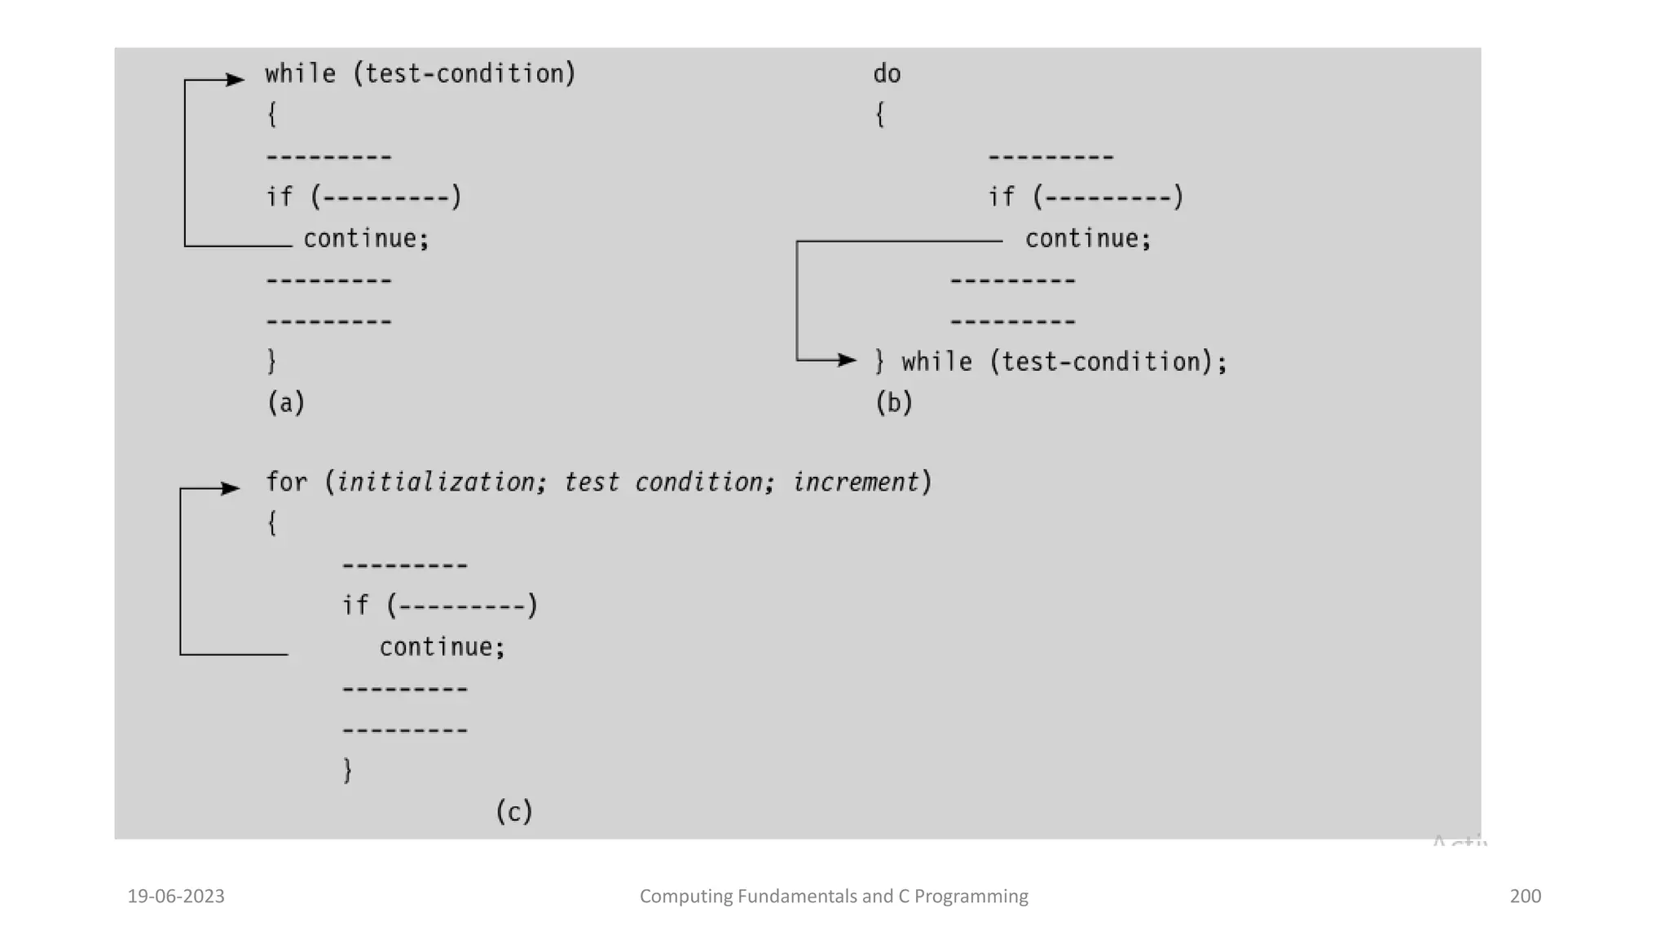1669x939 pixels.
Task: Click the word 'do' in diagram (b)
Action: tap(887, 74)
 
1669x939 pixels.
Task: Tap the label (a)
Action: tap(286, 403)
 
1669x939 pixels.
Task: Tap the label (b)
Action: tap(894, 403)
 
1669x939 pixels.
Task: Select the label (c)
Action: tap(514, 812)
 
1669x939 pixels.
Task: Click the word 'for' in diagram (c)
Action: tap(287, 483)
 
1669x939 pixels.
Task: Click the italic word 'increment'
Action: tap(856, 483)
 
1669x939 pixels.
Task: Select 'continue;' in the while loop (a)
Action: tap(366, 239)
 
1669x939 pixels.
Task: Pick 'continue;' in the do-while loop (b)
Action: tap(1088, 239)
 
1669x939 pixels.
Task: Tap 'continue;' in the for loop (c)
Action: tap(443, 647)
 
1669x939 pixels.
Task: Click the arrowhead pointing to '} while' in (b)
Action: tap(848, 359)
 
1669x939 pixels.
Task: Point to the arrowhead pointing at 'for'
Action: tap(231, 489)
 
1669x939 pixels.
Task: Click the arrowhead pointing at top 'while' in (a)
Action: tap(236, 80)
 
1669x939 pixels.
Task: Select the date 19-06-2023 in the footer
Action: tap(176, 897)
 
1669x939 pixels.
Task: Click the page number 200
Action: tap(1525, 897)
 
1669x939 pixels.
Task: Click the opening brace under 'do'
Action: tap(880, 115)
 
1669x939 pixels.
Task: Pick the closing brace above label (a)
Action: tap(272, 361)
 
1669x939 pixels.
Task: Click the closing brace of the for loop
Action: tap(348, 770)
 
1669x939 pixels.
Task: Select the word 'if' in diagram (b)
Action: tap(1002, 197)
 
